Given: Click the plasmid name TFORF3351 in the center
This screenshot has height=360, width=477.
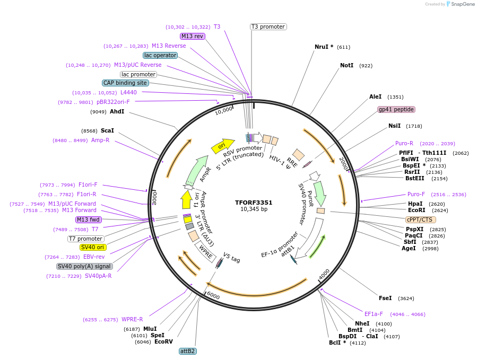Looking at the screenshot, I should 254,202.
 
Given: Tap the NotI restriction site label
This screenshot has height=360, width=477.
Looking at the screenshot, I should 346,66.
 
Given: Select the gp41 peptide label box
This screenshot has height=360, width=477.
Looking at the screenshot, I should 396,109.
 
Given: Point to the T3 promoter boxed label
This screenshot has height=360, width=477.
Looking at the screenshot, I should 268,27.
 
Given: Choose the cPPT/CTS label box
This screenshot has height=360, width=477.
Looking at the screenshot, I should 420,219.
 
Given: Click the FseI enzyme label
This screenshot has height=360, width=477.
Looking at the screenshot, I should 385,298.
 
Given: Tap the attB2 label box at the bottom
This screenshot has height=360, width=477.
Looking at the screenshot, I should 187,351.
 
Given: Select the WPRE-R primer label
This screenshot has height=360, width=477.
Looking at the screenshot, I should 132,319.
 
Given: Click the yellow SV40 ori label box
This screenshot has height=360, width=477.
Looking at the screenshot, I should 93,247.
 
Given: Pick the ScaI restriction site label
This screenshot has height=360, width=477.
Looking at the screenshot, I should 107,130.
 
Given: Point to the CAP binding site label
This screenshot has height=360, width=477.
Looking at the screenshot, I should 125,83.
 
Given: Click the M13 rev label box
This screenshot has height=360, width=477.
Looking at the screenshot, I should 192,36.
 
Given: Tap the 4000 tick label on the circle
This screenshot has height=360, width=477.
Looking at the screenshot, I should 324,274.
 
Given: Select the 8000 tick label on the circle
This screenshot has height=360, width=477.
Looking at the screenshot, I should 154,198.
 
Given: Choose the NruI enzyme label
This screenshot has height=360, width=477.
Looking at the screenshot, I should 324,47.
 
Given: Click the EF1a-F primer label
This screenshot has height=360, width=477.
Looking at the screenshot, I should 374,314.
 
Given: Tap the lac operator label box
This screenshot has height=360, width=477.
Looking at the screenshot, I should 160,55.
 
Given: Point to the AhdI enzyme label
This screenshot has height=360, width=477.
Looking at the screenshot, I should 117,111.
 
